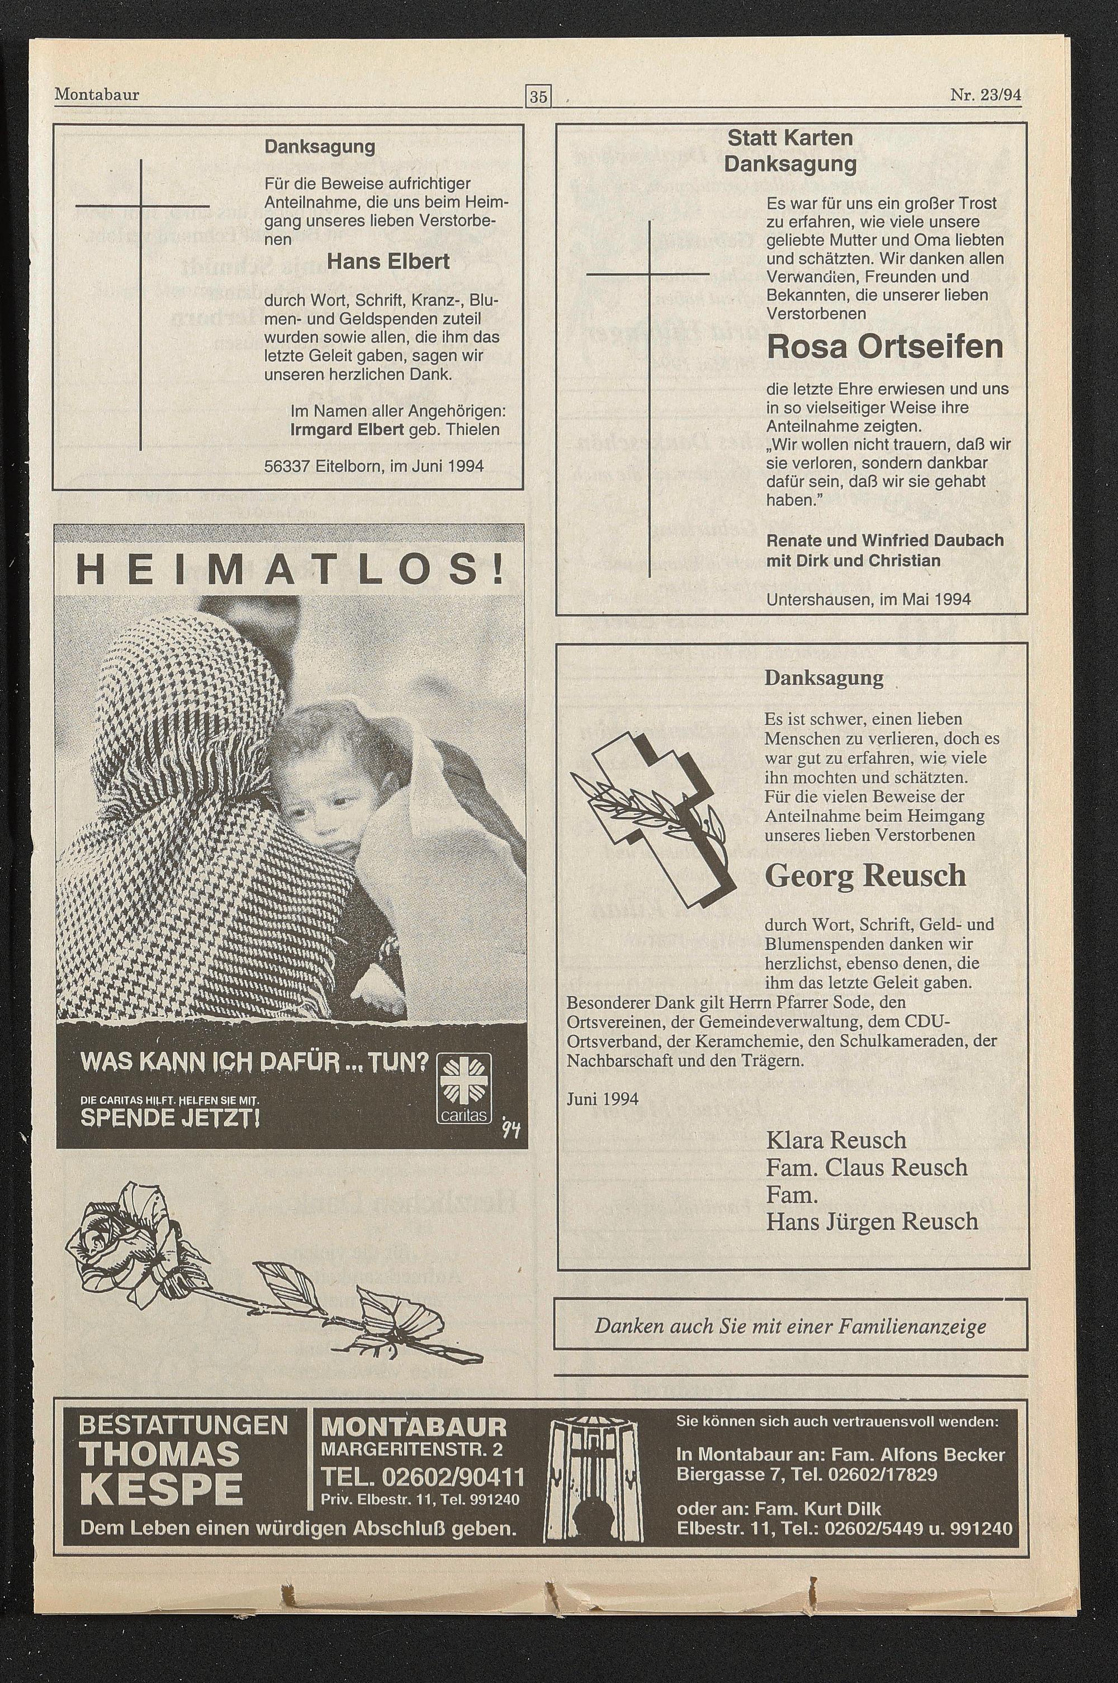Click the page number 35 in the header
(538, 96)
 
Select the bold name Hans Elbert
(388, 262)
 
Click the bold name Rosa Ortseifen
(884, 347)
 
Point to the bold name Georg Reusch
(865, 876)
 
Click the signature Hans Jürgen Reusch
(871, 1222)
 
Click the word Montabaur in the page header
(96, 94)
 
